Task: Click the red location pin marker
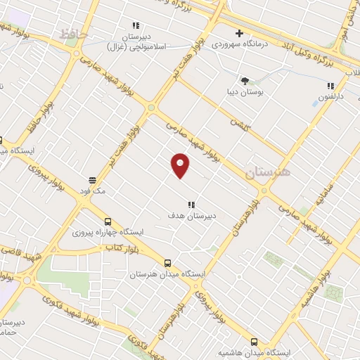click(x=181, y=165)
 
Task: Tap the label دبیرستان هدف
click(x=191, y=216)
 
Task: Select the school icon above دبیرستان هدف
click(x=191, y=205)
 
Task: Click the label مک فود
click(x=92, y=191)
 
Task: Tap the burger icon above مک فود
click(x=92, y=180)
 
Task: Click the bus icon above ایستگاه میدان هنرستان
click(x=167, y=263)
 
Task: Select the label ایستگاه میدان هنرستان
click(x=161, y=274)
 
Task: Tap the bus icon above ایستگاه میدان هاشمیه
click(x=254, y=341)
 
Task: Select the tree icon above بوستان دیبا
click(x=245, y=81)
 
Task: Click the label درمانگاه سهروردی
click(x=239, y=45)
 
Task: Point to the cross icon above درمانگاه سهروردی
click(x=239, y=33)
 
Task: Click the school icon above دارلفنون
click(x=330, y=86)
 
